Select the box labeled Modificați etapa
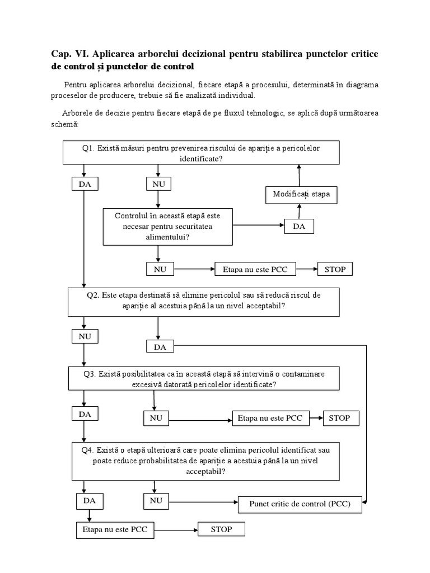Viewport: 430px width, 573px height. pos(301,195)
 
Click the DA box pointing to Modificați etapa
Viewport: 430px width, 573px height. pos(299,227)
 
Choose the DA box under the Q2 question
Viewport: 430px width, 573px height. pos(160,347)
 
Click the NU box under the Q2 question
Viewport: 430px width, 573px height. pos(85,336)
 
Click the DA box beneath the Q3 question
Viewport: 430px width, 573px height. pos(85,414)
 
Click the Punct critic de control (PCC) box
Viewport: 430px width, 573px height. pos(300,504)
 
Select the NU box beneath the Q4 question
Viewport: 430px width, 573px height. pos(157,500)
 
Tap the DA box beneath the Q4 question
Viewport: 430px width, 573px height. pos(90,500)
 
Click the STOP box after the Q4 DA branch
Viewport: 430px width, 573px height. pos(221,529)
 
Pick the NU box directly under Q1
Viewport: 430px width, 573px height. pos(158,184)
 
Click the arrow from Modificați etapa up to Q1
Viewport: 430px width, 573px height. pos(299,176)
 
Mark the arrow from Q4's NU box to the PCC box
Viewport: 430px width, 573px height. pos(204,500)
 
